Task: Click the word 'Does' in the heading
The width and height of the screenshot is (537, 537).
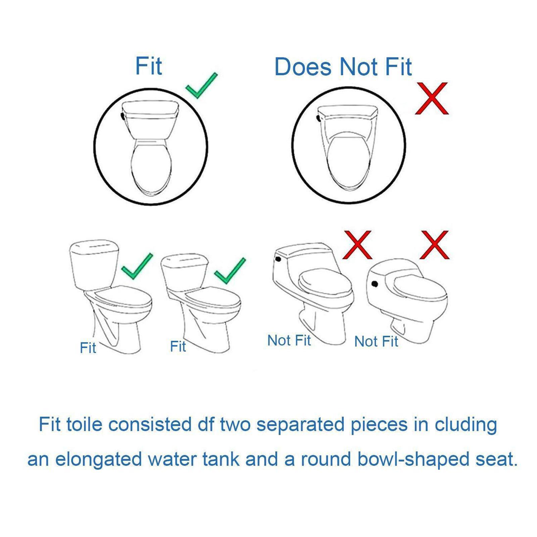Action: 303,67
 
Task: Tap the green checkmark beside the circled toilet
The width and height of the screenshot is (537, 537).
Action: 201,86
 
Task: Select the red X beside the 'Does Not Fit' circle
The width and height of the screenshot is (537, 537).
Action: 432,98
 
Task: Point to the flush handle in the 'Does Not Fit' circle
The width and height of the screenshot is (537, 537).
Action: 318,118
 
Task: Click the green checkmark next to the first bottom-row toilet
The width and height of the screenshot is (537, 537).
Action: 137,266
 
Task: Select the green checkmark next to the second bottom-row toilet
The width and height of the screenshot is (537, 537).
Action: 230,271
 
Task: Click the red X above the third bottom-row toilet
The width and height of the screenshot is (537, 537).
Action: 357,245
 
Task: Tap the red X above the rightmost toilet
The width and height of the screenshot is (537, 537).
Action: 434,245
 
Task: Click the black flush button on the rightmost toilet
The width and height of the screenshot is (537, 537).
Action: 375,284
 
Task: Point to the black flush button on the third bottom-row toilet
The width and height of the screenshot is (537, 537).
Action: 278,259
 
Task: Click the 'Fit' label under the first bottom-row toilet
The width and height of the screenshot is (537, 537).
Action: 88,348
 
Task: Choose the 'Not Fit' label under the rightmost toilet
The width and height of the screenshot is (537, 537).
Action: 376,342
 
